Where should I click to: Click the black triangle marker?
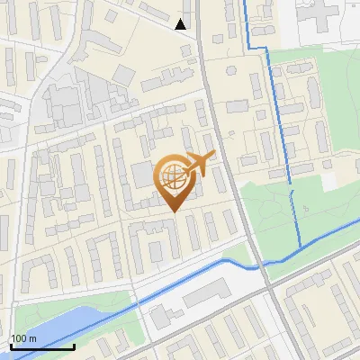click(181, 24)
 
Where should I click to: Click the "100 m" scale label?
click(23, 338)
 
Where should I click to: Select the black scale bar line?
click(42, 346)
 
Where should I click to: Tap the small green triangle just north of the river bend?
click(235, 254)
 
